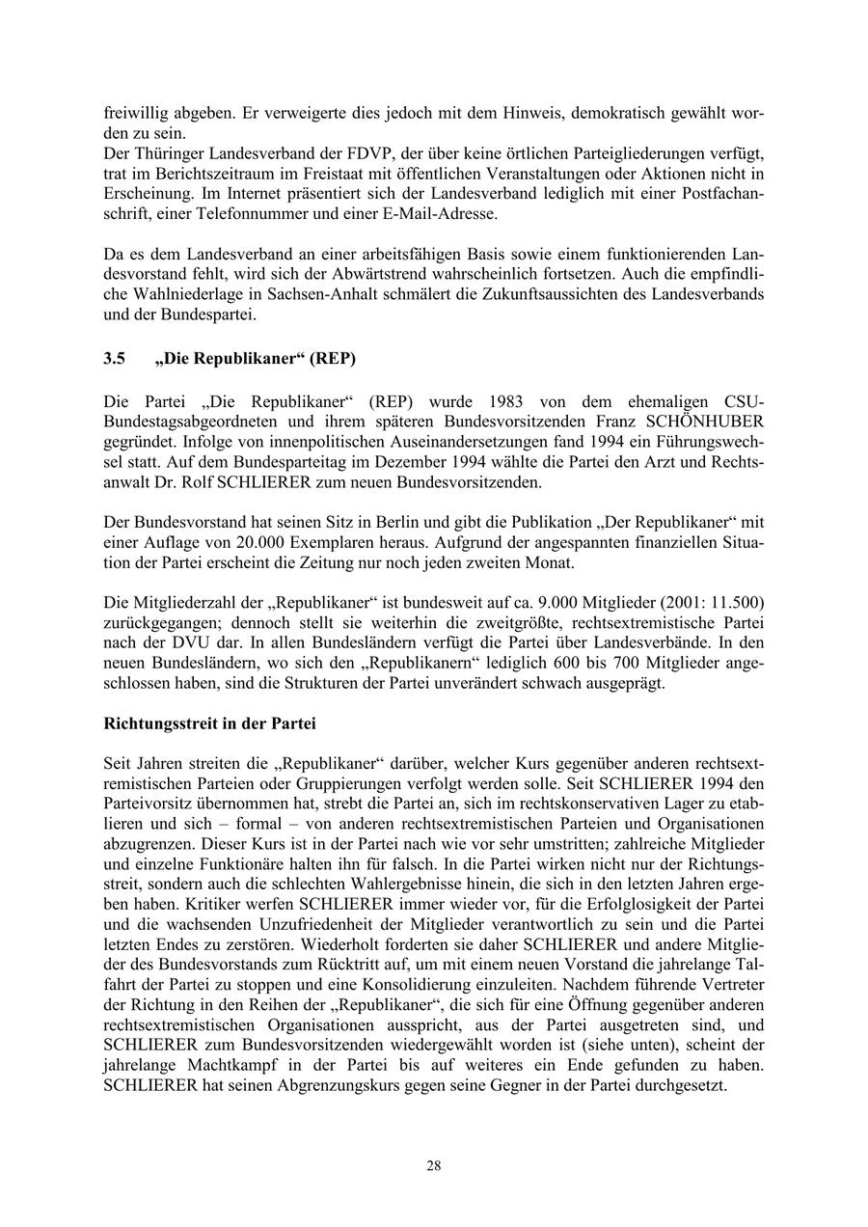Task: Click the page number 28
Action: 434,1165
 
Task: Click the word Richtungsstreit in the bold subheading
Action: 160,723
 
